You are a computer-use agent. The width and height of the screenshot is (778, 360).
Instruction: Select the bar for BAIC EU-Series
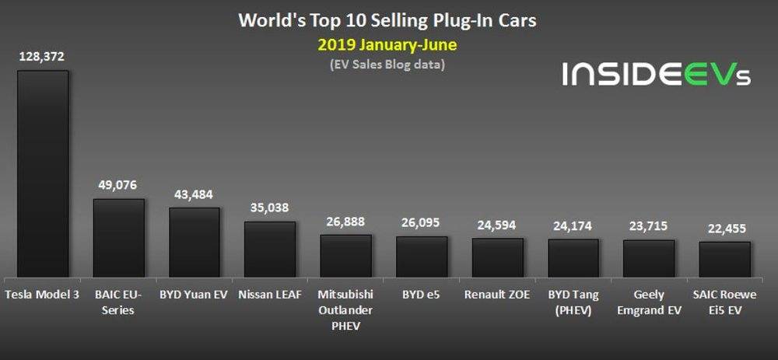pyautogui.click(x=118, y=238)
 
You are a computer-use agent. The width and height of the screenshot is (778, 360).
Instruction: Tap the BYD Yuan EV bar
pyautogui.click(x=194, y=242)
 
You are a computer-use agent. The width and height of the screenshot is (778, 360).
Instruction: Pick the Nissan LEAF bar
pyautogui.click(x=270, y=249)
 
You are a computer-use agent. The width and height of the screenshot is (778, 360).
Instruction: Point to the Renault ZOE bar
pyautogui.click(x=497, y=257)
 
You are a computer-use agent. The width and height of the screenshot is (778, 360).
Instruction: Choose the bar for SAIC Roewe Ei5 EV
pyautogui.click(x=724, y=259)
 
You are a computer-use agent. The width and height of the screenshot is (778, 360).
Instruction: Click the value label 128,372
pyautogui.click(x=43, y=57)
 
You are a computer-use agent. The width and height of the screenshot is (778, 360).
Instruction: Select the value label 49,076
pyautogui.click(x=118, y=186)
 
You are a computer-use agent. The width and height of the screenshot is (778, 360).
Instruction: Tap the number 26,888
pyautogui.click(x=345, y=222)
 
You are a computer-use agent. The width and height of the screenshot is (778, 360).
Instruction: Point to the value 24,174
pyautogui.click(x=573, y=227)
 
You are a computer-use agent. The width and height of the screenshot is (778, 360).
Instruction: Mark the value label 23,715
pyautogui.click(x=649, y=228)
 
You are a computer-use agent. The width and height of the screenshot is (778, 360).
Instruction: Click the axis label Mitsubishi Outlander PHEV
pyautogui.click(x=345, y=310)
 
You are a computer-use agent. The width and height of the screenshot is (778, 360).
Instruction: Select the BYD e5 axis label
pyautogui.click(x=421, y=295)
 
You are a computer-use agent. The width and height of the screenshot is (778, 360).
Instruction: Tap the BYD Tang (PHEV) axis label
pyautogui.click(x=573, y=302)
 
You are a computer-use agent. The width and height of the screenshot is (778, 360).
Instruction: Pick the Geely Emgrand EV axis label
pyautogui.click(x=649, y=302)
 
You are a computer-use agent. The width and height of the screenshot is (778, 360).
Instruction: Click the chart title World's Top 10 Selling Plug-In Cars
pyautogui.click(x=387, y=19)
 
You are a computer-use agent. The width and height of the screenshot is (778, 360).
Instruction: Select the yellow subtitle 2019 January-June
pyautogui.click(x=387, y=45)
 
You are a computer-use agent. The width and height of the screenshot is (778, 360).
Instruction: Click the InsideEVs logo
pyautogui.click(x=656, y=75)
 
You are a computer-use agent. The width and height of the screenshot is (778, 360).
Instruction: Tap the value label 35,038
pyautogui.click(x=270, y=208)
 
